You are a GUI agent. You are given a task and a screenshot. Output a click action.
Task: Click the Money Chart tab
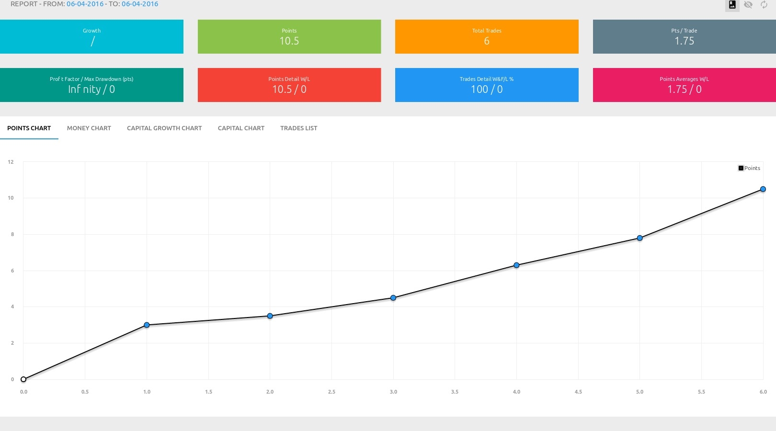pos(89,128)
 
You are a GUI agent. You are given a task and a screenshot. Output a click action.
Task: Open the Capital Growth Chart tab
pos(164,128)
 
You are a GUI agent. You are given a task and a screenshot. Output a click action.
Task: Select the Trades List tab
pos(298,128)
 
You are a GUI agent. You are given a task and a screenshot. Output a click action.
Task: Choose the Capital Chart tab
pos(241,128)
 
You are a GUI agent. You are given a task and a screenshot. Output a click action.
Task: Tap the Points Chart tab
pos(29,128)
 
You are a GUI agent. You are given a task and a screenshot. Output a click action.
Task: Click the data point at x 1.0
pos(147,325)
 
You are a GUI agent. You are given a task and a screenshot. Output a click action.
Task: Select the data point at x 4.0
pos(516,265)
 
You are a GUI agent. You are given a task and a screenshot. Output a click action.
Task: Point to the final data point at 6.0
pos(763,189)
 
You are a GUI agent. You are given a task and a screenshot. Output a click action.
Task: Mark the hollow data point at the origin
pos(23,379)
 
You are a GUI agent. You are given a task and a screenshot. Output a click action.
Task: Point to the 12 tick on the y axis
pos(11,162)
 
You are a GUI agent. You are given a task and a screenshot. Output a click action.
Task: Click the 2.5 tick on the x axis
pos(331,392)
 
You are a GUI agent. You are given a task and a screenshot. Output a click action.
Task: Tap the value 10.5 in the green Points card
pos(289,41)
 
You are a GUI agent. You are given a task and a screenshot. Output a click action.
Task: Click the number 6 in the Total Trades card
pos(487,41)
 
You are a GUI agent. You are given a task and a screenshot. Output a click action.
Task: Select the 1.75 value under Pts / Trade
pos(684,41)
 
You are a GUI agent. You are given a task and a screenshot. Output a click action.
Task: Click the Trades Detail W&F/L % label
pos(487,79)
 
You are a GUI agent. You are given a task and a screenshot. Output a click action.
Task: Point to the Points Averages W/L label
pos(684,79)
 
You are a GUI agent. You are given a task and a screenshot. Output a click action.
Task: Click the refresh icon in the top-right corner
pos(764,5)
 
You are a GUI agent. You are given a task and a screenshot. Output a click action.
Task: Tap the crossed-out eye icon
pos(748,5)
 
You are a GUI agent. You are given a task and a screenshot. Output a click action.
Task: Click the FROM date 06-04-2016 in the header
pos(85,4)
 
